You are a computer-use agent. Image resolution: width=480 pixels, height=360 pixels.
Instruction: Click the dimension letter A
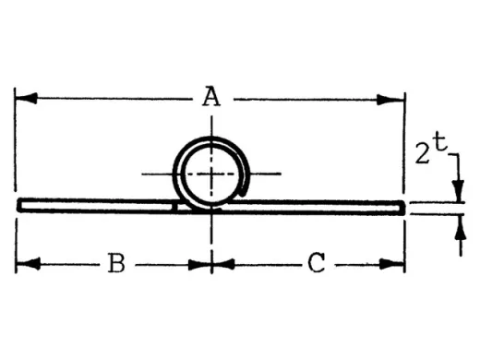tap(212, 97)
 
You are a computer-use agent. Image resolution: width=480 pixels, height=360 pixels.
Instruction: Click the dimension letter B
tap(115, 264)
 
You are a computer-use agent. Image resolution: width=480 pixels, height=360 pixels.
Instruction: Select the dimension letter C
tap(316, 264)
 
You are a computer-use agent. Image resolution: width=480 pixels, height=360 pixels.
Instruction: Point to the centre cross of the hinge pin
tap(212, 174)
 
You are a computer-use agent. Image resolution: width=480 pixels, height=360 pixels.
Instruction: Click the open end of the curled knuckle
tap(244, 190)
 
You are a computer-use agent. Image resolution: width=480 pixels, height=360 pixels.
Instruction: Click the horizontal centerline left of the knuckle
tap(155, 174)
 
